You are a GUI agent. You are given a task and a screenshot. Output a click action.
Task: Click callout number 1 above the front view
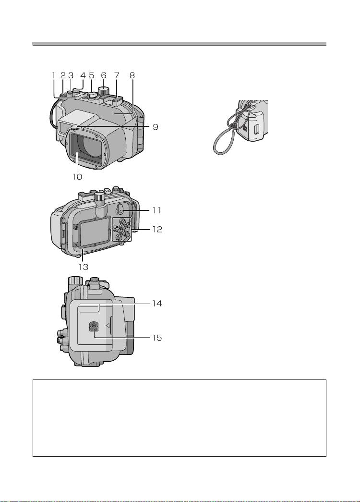click(x=54, y=75)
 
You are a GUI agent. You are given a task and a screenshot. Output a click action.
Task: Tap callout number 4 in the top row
click(x=83, y=75)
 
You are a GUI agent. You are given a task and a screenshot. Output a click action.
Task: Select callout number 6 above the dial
click(x=104, y=75)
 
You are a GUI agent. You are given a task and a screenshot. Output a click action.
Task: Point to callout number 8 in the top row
click(x=132, y=75)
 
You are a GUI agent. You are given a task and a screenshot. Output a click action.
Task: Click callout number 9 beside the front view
click(x=156, y=127)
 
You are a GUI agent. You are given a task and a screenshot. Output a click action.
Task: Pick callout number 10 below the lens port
click(x=78, y=176)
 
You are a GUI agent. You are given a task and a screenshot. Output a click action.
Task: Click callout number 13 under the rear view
click(x=84, y=267)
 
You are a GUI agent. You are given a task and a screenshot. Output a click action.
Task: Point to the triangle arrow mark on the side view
click(x=108, y=325)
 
